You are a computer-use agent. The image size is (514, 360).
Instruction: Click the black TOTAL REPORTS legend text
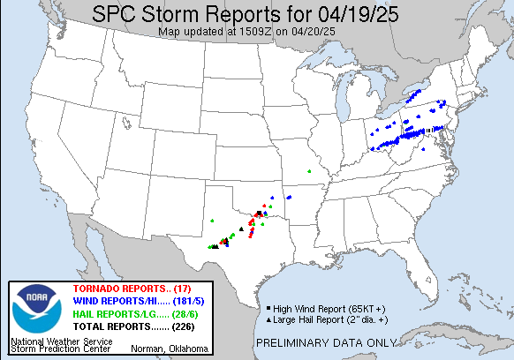click(119, 326)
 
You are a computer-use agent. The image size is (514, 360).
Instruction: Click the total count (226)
click(185, 326)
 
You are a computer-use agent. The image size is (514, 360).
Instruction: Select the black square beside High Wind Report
click(268, 308)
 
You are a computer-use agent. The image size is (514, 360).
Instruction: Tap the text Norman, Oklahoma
click(170, 349)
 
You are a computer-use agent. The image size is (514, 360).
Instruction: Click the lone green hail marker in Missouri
click(309, 170)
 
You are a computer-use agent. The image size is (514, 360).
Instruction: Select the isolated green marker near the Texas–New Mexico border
click(212, 221)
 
